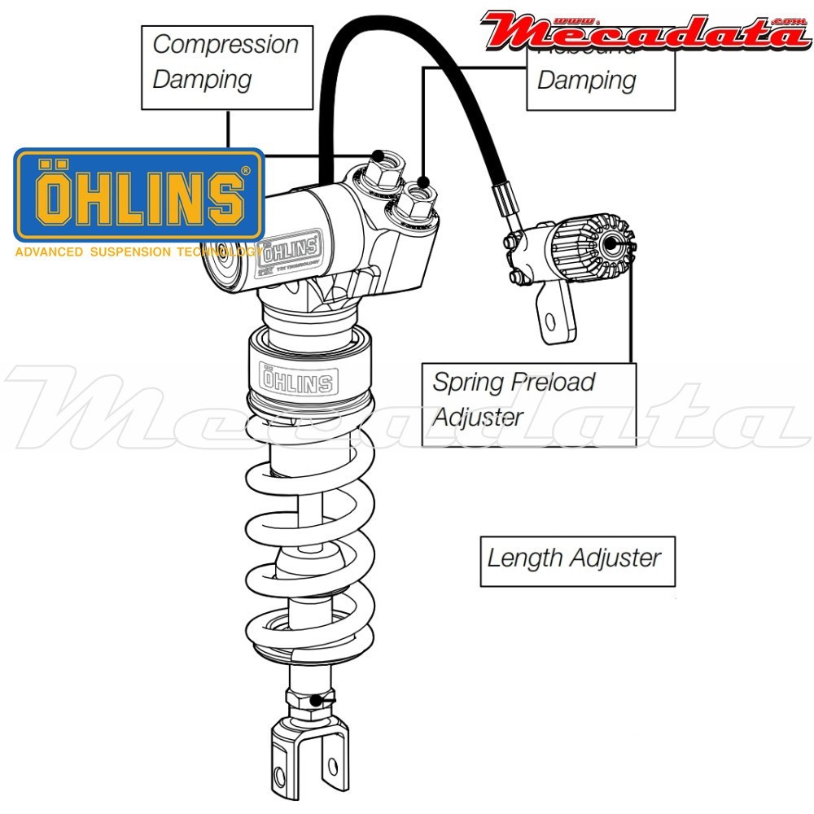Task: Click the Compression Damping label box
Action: tap(227, 67)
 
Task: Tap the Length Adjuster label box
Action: tap(577, 561)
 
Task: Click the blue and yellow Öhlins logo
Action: tap(139, 195)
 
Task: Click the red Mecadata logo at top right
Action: tap(643, 30)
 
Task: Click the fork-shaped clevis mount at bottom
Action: tap(309, 757)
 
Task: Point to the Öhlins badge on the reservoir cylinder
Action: tap(291, 243)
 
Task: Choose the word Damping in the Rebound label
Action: tap(586, 81)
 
